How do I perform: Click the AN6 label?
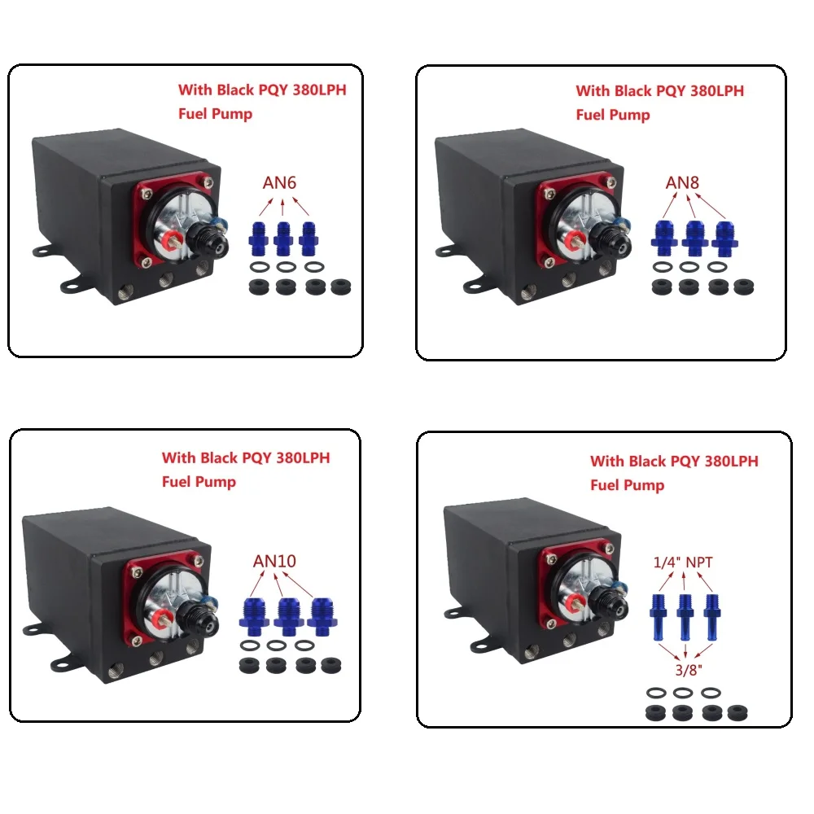[x=279, y=182]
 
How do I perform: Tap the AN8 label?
[x=682, y=182]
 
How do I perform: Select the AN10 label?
[x=274, y=561]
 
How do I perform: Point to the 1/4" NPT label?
[x=683, y=562]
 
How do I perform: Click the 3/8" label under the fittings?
[x=689, y=670]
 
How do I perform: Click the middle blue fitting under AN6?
[x=283, y=239]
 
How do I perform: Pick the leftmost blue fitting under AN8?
[x=664, y=238]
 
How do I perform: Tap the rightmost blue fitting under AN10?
[x=322, y=617]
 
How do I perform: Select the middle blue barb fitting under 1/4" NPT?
[x=685, y=617]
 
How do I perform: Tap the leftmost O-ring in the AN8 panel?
[x=663, y=267]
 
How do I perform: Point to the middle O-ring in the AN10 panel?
[x=276, y=646]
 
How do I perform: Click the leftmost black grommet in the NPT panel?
[x=655, y=713]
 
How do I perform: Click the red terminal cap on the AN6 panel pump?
[x=170, y=240]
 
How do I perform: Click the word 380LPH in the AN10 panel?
[x=303, y=457]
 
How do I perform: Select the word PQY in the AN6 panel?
[x=273, y=90]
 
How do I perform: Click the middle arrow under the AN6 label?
[x=282, y=207]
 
